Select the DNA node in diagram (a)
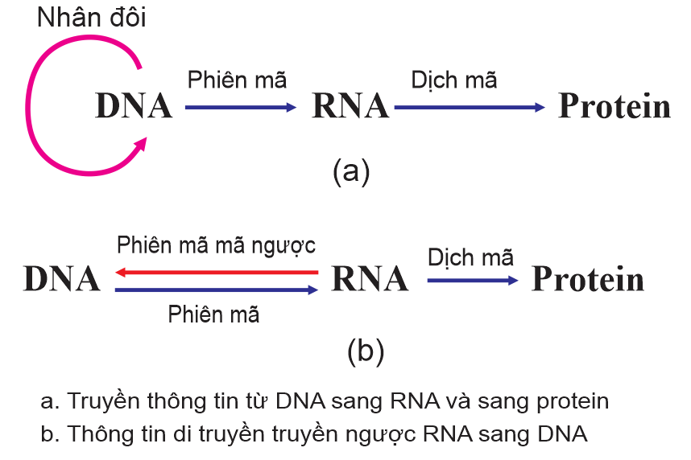[134, 106]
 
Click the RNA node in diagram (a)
[350, 106]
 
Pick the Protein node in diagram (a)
[614, 106]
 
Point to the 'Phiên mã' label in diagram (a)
[237, 80]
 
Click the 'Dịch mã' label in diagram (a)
[454, 80]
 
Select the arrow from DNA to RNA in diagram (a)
[241, 106]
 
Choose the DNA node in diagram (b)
[62, 279]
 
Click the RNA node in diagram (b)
[370, 279]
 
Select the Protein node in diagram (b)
[589, 279]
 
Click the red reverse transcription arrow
[217, 273]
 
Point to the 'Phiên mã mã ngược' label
[216, 245]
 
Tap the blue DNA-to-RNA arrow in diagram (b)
[217, 290]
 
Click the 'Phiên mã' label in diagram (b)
[213, 314]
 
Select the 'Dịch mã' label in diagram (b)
[471, 257]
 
